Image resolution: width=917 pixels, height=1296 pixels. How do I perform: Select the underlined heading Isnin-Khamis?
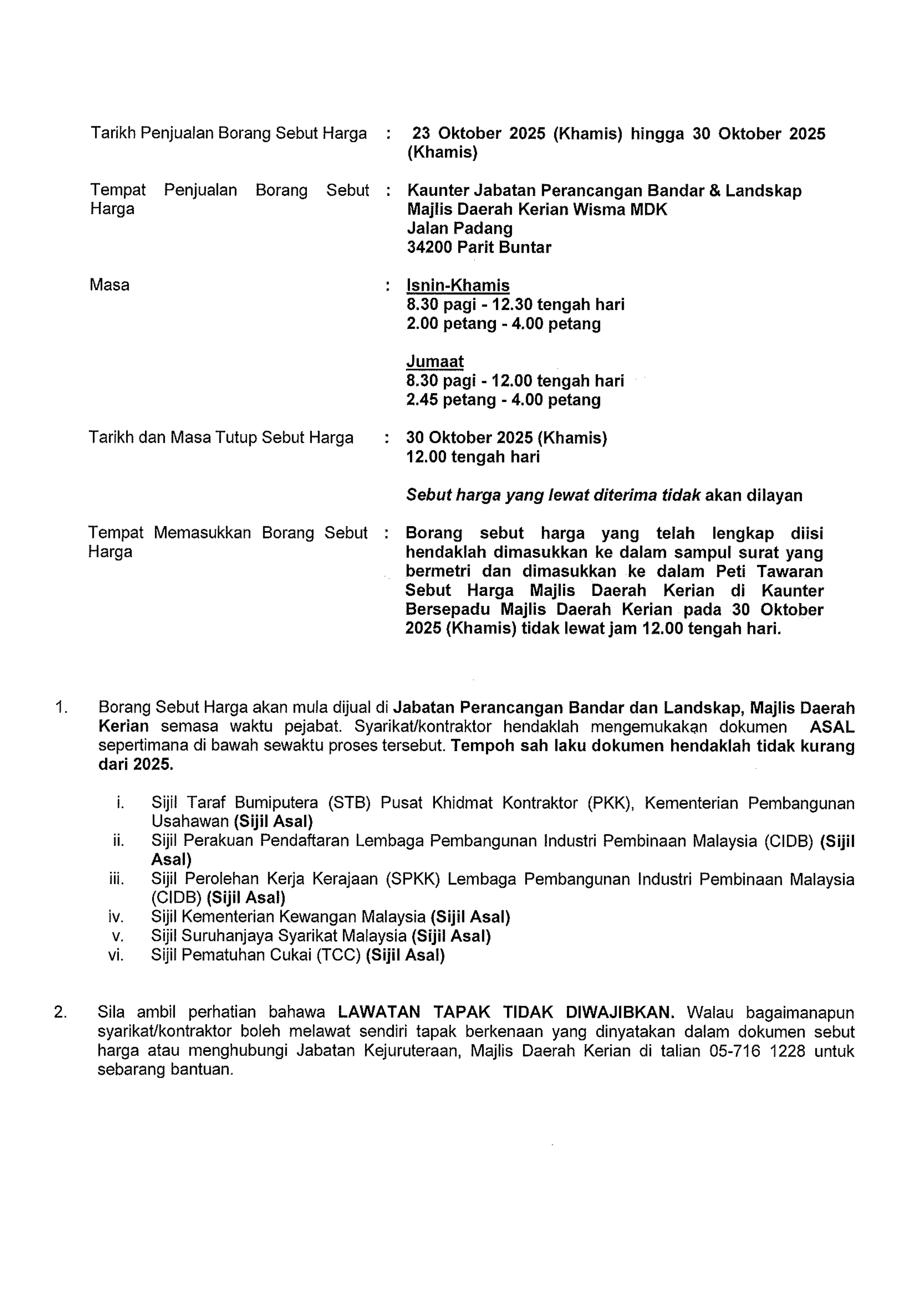coord(458,285)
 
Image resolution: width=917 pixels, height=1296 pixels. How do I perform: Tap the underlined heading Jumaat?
coord(435,361)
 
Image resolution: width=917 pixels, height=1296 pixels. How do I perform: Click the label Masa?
coord(109,285)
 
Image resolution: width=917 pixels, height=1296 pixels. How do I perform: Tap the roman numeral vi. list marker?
coord(116,955)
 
